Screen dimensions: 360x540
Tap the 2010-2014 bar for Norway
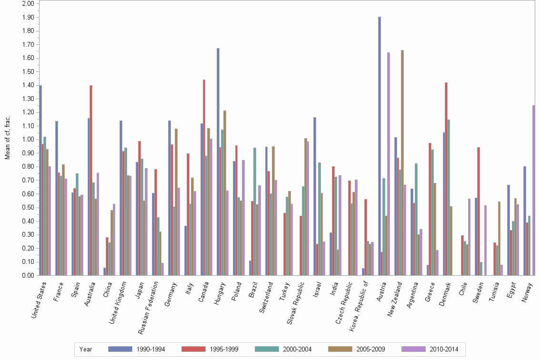pos(534,190)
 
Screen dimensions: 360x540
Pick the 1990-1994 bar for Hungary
pos(218,161)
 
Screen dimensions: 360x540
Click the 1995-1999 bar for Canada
pos(204,177)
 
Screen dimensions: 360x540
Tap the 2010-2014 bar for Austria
pos(389,164)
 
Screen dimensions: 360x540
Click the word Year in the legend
pos(86,350)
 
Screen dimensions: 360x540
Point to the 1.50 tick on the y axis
pos(28,72)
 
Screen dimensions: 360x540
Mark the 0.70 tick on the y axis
pos(28,180)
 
